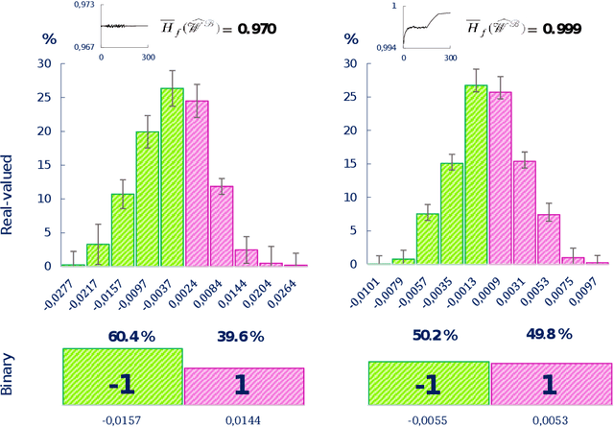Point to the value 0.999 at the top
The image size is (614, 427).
[x=561, y=29]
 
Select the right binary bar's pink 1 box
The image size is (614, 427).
[x=551, y=385]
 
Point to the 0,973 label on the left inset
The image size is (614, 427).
[x=83, y=6]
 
